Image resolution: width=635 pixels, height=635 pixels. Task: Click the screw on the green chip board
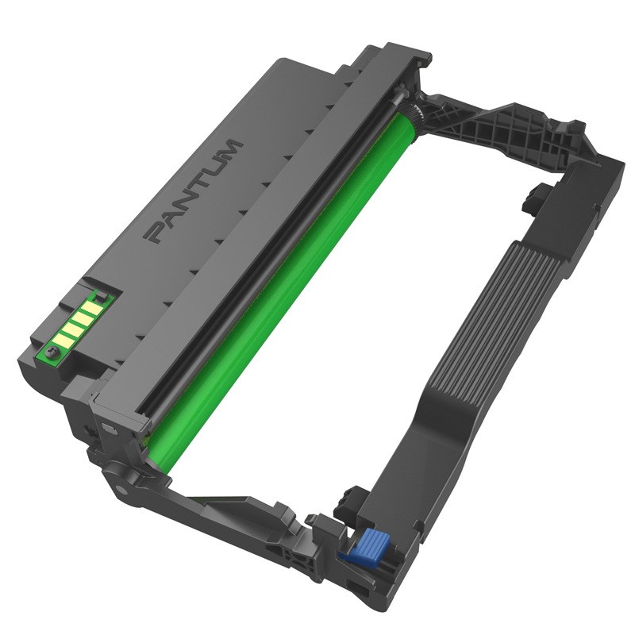click(x=54, y=349)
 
